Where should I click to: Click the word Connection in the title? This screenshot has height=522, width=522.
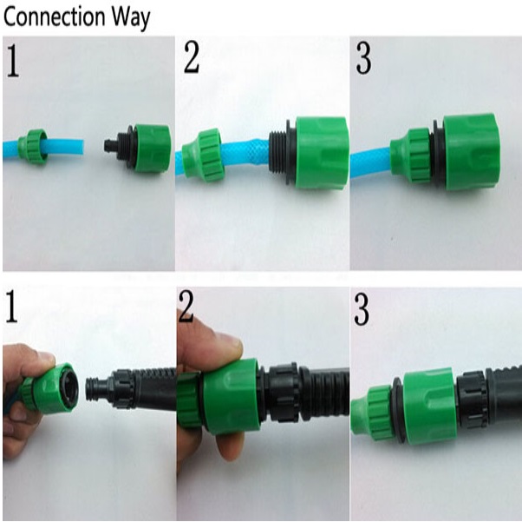click(x=54, y=17)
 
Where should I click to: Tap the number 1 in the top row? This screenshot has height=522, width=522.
click(x=13, y=61)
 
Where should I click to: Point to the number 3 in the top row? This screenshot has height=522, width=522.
click(x=363, y=58)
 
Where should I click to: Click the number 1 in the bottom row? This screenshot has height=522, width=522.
click(x=11, y=307)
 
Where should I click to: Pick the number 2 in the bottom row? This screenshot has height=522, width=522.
click(x=186, y=307)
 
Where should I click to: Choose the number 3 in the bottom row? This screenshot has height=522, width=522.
click(x=362, y=309)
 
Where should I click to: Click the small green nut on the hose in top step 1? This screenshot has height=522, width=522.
click(x=32, y=147)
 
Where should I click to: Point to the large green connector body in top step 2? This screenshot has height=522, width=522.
click(x=322, y=154)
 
